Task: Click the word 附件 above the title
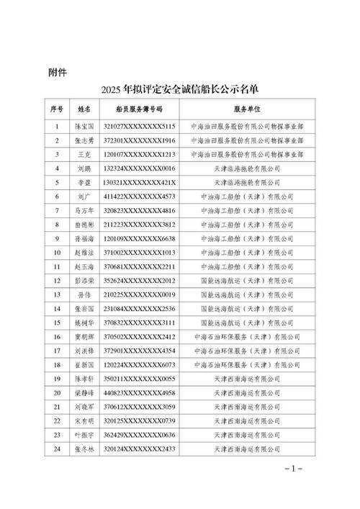[x=58, y=72]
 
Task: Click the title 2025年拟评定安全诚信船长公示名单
[x=180, y=91]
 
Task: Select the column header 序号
[x=58, y=109]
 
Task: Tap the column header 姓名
[x=84, y=109]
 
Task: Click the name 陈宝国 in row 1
[x=84, y=126]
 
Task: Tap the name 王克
[x=84, y=154]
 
